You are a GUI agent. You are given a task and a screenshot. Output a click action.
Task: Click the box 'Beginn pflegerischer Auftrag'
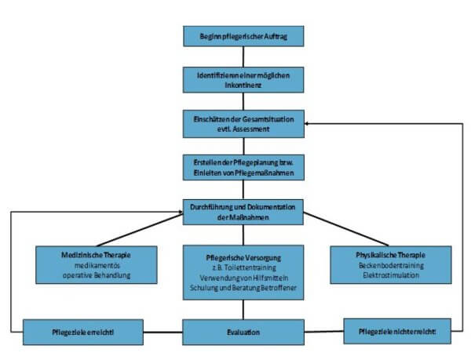(x=243, y=36)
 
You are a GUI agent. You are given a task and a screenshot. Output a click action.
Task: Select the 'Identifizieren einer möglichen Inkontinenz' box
(x=243, y=80)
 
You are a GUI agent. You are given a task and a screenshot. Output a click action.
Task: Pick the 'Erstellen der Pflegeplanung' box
(x=243, y=167)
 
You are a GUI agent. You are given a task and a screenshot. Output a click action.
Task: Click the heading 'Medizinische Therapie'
(x=96, y=255)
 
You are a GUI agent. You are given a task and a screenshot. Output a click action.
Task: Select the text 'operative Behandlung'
(x=97, y=275)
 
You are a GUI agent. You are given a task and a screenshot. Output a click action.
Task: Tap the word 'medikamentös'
(x=97, y=266)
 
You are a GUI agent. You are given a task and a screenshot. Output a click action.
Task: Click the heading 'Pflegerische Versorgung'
(x=243, y=258)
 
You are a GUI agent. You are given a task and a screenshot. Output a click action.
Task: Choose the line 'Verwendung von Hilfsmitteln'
(x=244, y=278)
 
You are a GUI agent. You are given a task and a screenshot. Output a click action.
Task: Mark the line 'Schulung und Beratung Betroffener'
(x=243, y=288)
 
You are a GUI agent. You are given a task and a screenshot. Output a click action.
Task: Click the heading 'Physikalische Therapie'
(x=390, y=255)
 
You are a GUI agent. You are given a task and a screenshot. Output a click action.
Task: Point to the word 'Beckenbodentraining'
(x=391, y=266)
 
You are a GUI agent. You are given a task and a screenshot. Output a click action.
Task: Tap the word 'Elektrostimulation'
(x=391, y=275)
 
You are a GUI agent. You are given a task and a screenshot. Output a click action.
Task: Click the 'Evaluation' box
(x=243, y=332)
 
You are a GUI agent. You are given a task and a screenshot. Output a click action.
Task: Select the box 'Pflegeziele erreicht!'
(x=83, y=332)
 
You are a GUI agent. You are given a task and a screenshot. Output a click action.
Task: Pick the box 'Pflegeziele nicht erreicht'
(x=397, y=331)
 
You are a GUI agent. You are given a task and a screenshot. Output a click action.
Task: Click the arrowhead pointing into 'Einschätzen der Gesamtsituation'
(x=307, y=124)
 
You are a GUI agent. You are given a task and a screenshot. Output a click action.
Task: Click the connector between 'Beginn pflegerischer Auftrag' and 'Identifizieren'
(x=243, y=56)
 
